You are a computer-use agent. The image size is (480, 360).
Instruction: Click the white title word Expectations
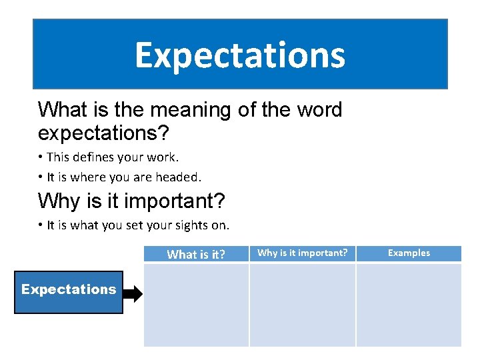click(240, 55)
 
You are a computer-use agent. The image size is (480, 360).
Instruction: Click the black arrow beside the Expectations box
click(133, 294)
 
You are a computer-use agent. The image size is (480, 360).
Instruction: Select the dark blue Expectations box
click(69, 291)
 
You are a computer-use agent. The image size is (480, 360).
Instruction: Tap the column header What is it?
click(196, 254)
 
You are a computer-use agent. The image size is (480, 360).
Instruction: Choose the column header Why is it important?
click(303, 253)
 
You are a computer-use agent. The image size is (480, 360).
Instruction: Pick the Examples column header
click(409, 253)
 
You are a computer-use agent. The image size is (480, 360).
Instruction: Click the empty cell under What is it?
click(196, 305)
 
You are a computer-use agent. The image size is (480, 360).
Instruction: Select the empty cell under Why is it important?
click(303, 305)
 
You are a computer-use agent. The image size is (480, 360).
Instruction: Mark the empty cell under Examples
click(409, 305)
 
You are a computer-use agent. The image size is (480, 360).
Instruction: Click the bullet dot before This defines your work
click(41, 158)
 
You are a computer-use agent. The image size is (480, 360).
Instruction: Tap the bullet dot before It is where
click(41, 177)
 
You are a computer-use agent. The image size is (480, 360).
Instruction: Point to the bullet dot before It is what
click(41, 225)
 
